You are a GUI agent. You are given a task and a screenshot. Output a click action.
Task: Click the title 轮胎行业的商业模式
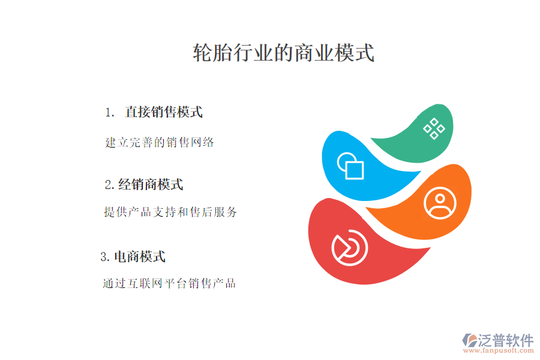click(283, 53)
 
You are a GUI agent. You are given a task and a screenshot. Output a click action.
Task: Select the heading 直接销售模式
click(163, 112)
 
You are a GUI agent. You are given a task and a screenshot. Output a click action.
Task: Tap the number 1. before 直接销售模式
click(109, 113)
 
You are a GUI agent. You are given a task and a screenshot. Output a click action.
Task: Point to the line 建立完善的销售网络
click(160, 143)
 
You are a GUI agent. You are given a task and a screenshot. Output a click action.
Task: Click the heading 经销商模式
click(151, 185)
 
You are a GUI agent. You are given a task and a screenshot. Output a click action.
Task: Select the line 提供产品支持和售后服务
click(170, 212)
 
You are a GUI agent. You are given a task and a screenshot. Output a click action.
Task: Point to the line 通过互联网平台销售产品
click(169, 283)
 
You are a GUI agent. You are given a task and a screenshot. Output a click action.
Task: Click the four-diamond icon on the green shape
click(434, 128)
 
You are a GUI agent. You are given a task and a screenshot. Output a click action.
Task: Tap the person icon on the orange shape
click(440, 202)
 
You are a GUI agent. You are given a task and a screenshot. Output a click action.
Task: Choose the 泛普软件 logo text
click(505, 340)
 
